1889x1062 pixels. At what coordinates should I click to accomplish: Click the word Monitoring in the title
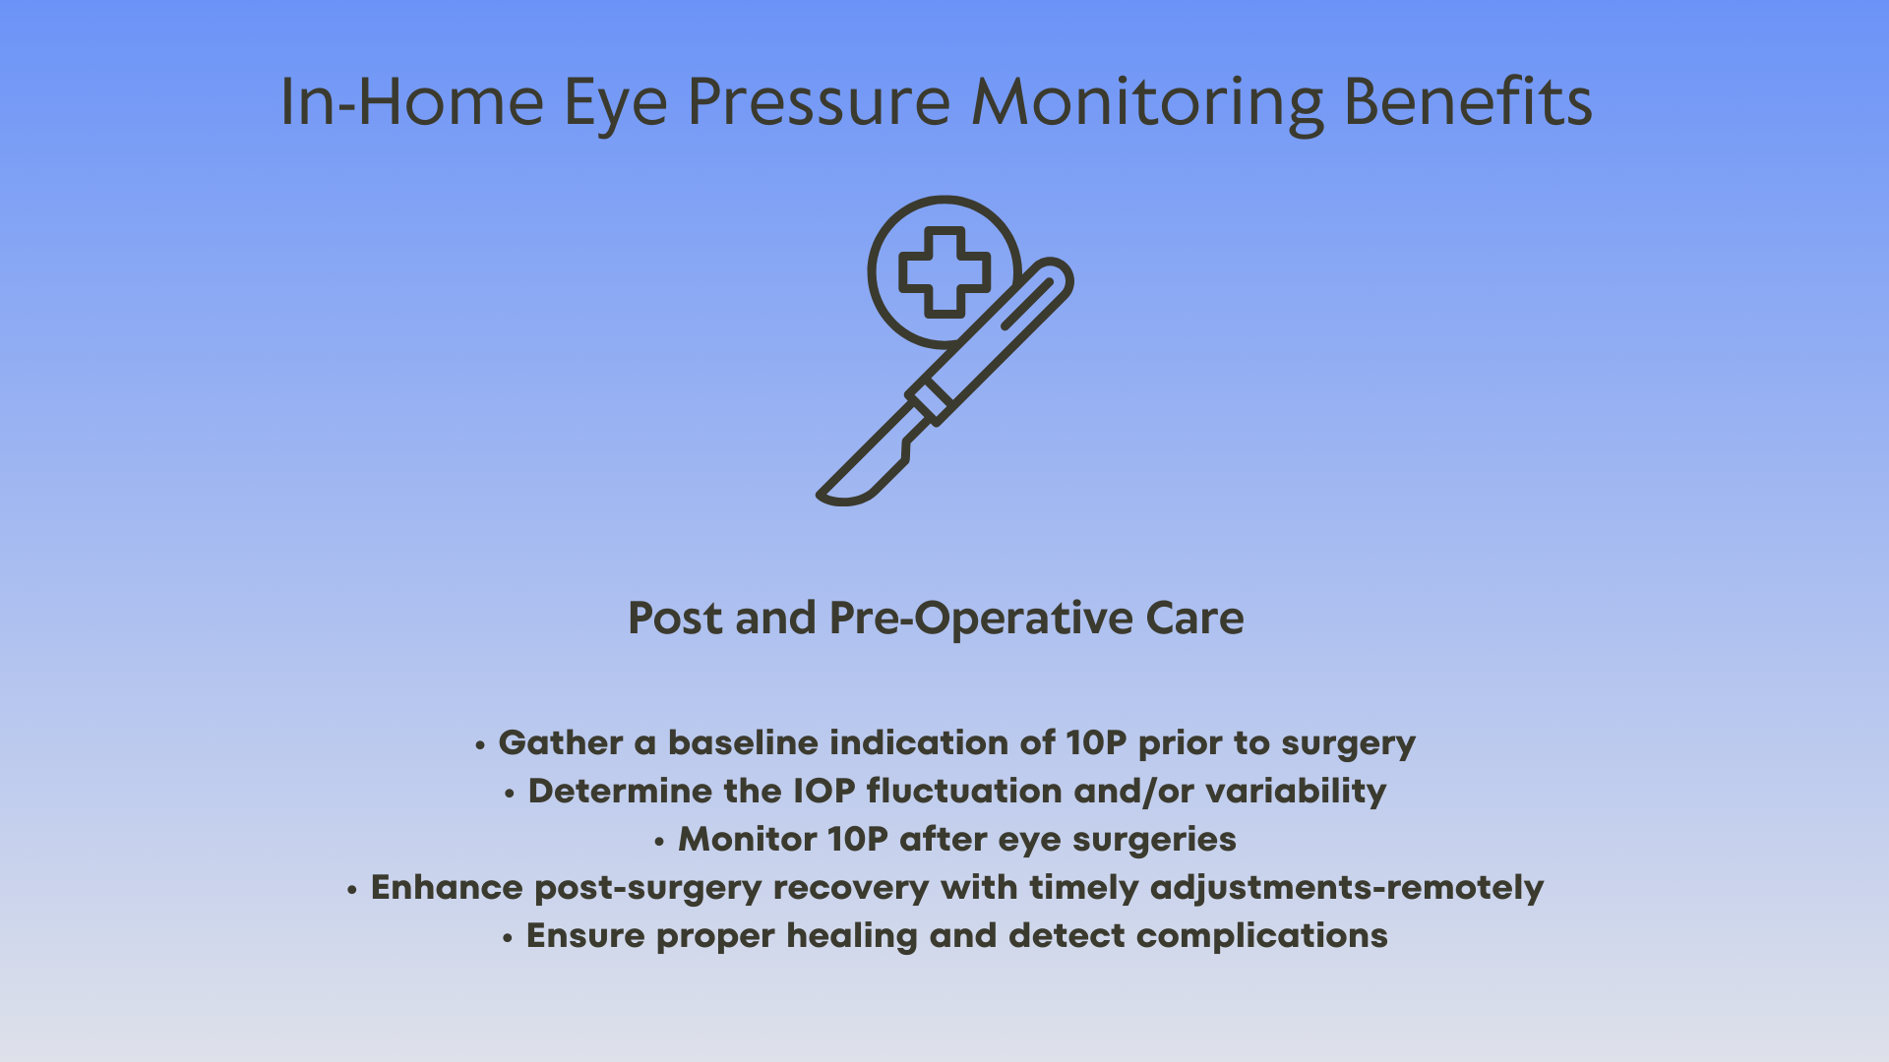pos(1148,103)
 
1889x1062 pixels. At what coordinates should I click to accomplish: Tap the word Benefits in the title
pos(1468,101)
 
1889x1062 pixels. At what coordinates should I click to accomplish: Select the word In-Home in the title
pos(412,101)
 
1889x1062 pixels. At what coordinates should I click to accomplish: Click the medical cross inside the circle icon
pos(944,272)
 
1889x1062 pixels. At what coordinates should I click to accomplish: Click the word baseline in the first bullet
pos(743,742)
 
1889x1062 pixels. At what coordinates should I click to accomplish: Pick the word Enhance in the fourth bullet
pos(447,887)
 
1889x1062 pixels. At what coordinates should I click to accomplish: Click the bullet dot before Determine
pos(510,793)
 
